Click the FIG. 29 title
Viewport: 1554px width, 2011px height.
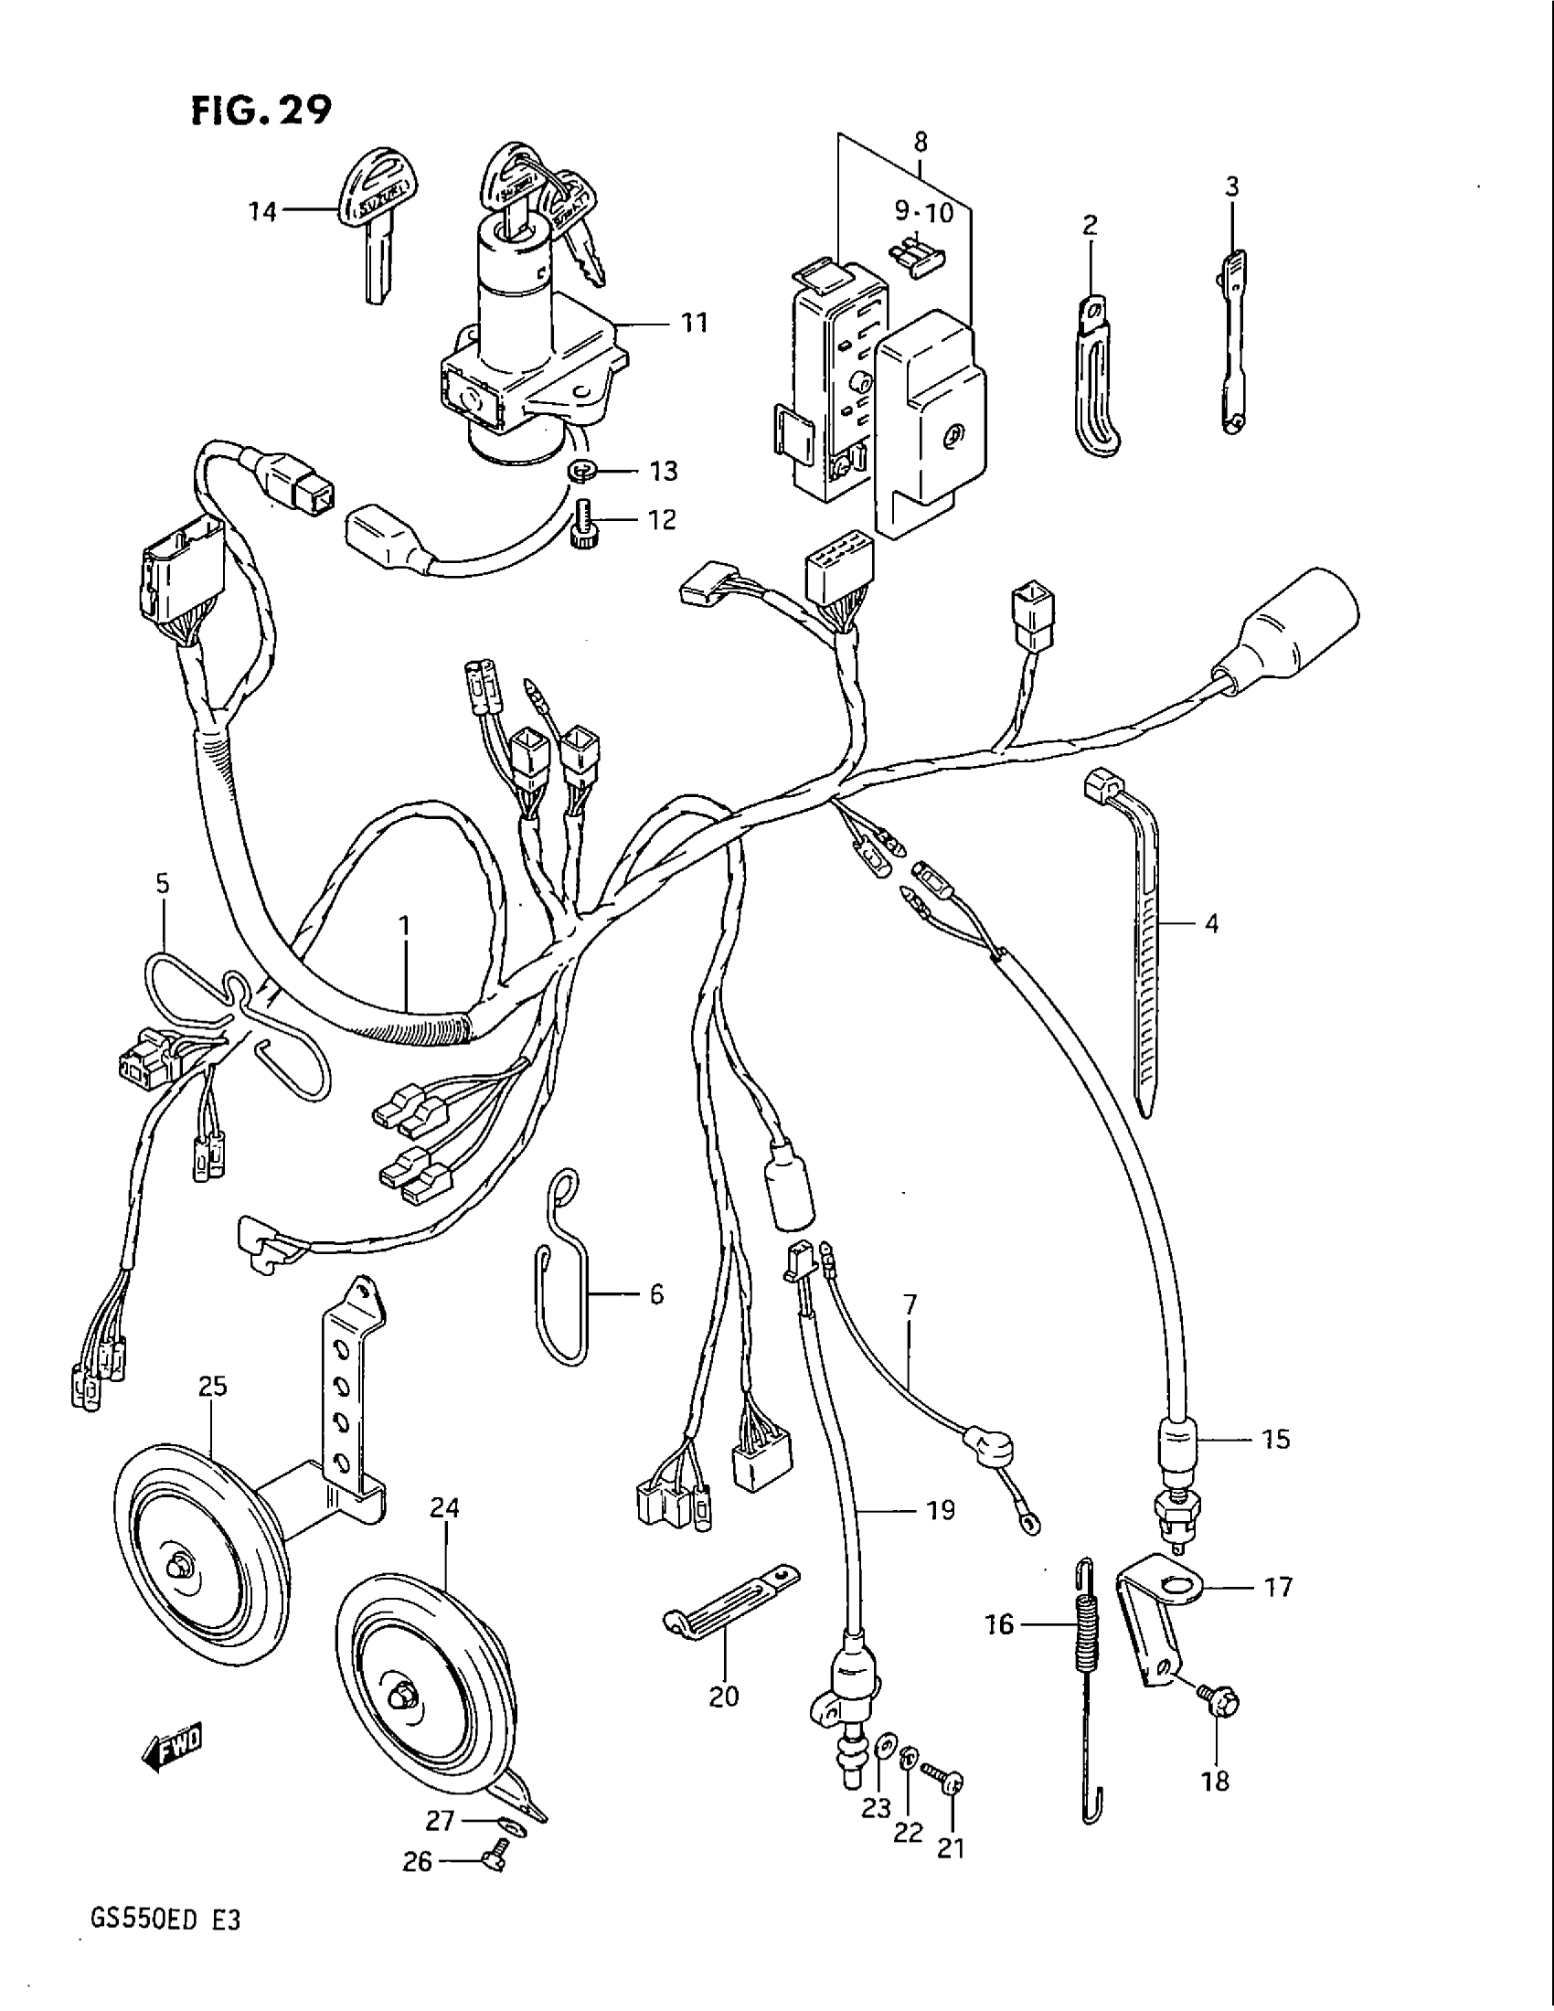point(261,110)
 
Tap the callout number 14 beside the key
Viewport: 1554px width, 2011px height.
point(262,212)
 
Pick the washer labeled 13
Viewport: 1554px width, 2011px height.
point(580,471)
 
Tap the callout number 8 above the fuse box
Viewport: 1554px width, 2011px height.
point(921,142)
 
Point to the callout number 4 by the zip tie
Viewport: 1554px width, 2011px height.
point(1211,922)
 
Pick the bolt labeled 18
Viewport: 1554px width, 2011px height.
point(1220,1700)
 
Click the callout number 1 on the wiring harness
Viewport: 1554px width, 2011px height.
point(402,924)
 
